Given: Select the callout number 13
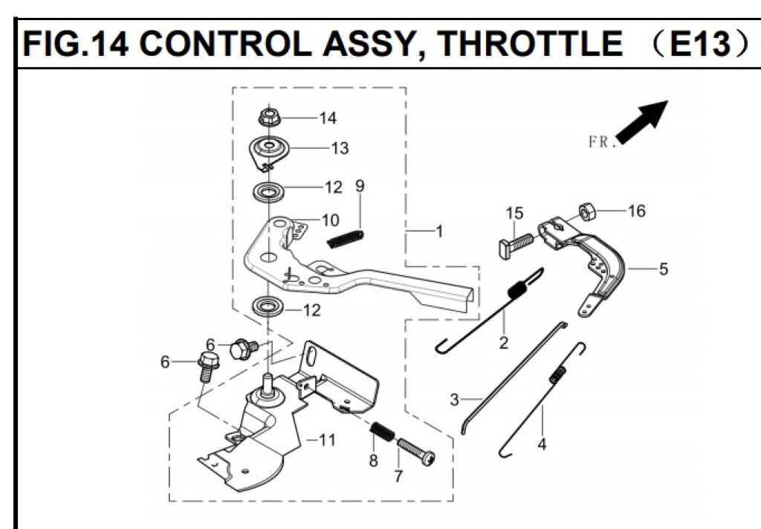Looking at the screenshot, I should [340, 148].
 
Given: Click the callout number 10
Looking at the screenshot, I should [330, 219].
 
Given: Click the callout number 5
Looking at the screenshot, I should [663, 269].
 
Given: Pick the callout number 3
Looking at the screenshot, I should [455, 400].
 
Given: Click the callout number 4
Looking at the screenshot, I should [542, 445].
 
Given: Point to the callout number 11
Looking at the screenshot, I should [327, 440].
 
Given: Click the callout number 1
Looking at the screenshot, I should [439, 231].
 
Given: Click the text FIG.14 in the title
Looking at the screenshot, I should [75, 45].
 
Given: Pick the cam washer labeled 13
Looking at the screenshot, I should [269, 148].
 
